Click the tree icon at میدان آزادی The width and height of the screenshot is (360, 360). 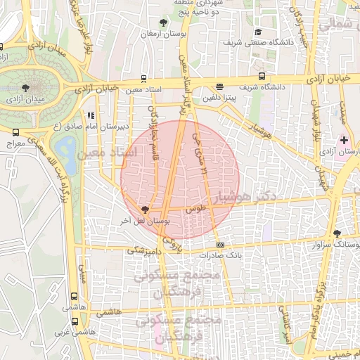coord(26,88)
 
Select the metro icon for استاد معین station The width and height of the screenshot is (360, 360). coord(143,79)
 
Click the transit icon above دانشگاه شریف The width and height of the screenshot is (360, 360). coord(262,76)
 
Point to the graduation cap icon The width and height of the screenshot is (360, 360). coord(257,32)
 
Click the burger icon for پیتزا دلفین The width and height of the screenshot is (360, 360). coord(220,87)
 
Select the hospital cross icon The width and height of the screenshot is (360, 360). coord(343,140)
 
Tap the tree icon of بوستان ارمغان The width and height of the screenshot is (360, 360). coord(163,22)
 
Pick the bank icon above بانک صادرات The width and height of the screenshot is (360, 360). coord(221,245)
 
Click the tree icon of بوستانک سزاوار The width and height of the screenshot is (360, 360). coord(337,233)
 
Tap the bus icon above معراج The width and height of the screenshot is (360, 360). coord(15,131)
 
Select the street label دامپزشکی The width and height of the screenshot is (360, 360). coord(146,249)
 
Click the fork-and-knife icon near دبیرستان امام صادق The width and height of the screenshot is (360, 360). coord(90,115)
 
